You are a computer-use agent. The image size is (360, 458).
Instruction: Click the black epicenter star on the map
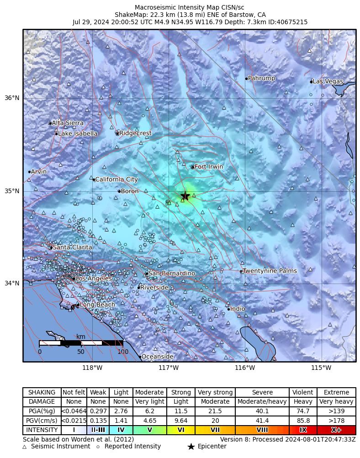(185, 195)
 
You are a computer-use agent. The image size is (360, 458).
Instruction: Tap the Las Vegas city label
(328, 81)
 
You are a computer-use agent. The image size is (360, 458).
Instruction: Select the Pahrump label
(261, 78)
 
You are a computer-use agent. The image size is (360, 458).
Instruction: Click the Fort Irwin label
(209, 167)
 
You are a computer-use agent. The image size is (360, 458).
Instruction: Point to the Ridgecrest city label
(135, 133)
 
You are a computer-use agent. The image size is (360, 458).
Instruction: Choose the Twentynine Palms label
(270, 271)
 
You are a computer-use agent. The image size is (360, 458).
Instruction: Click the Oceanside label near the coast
(157, 356)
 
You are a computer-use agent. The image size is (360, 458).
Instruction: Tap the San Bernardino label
(172, 273)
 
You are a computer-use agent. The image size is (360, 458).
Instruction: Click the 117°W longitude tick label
(169, 368)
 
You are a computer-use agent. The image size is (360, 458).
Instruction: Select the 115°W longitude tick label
(321, 368)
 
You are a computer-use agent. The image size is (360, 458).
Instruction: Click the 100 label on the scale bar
(123, 352)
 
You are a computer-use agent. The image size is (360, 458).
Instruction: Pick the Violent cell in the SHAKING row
(303, 392)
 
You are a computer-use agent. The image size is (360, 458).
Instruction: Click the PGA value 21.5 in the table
(215, 411)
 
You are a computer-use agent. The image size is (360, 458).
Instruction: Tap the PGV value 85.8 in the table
(303, 421)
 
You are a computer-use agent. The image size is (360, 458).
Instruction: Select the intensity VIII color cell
(262, 430)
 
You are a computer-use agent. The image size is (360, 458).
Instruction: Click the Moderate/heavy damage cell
(262, 402)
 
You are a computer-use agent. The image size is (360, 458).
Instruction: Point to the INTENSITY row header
(42, 430)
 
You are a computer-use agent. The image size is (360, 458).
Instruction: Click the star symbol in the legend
(191, 447)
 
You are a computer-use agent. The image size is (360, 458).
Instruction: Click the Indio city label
(238, 309)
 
